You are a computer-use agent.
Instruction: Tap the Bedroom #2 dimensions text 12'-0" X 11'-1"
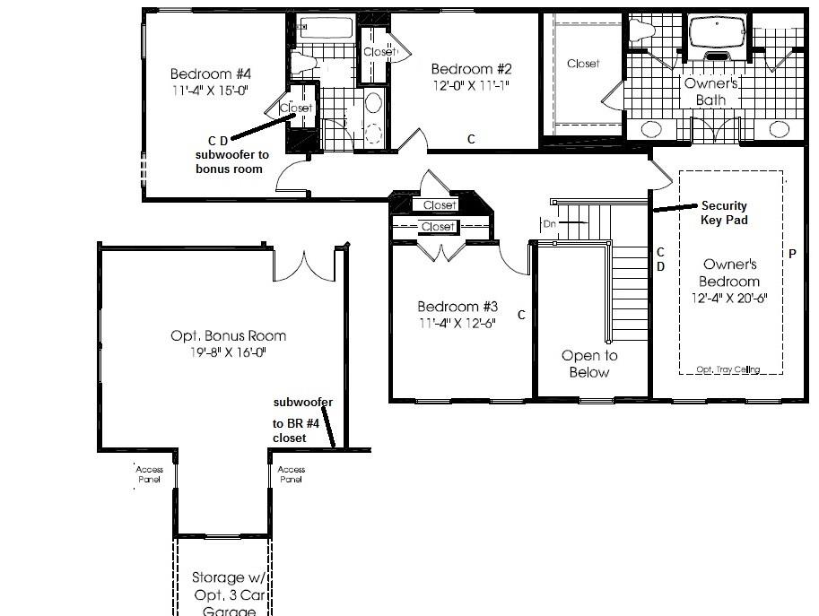pos(471,86)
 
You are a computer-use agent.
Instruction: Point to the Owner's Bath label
pos(710,91)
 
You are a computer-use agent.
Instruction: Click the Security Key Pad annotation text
pos(723,213)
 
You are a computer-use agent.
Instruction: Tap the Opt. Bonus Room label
pos(229,335)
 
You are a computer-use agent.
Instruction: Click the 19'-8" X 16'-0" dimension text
pos(229,352)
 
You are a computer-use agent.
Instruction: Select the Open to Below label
pos(589,363)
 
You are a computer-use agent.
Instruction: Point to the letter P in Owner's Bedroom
pos(792,254)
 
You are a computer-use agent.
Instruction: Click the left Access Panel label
pos(148,474)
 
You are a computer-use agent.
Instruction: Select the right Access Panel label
pos(292,474)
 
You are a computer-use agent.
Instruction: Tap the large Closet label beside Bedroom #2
pos(583,64)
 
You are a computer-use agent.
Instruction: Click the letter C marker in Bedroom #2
pos(471,138)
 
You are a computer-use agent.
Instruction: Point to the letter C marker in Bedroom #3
pos(521,315)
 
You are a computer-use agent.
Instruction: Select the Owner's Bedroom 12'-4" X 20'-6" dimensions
pos(729,298)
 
